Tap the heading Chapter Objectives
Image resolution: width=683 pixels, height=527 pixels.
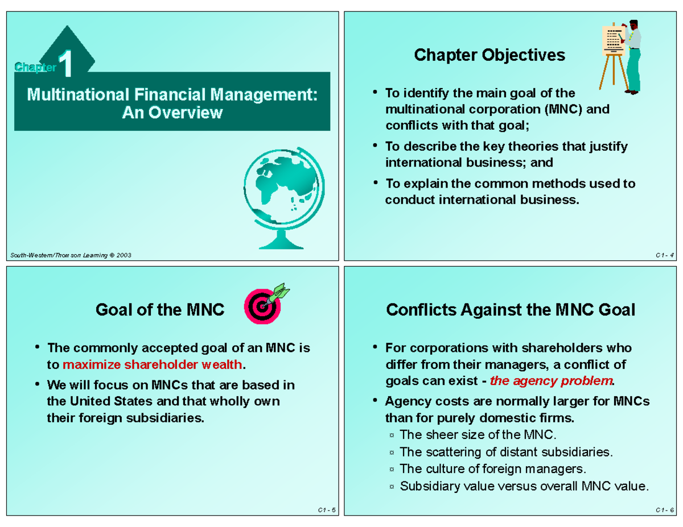click(x=489, y=55)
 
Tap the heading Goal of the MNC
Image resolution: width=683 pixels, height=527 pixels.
click(x=160, y=310)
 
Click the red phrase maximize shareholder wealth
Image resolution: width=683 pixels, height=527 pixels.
click(x=153, y=364)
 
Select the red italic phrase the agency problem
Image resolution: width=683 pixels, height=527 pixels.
click(x=552, y=380)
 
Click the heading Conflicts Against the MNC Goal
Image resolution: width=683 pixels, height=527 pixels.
click(x=511, y=310)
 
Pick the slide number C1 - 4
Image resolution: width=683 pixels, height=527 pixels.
click(x=664, y=255)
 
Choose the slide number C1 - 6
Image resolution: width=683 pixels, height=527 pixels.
click(x=664, y=510)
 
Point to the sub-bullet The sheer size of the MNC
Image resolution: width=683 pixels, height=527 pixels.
click(x=477, y=435)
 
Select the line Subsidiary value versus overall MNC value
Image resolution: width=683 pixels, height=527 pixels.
click(x=524, y=486)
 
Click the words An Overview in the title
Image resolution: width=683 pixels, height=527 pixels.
click(x=172, y=113)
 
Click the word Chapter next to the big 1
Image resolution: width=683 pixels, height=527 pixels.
click(x=36, y=68)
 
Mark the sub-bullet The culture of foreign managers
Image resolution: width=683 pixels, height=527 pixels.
click(x=492, y=469)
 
